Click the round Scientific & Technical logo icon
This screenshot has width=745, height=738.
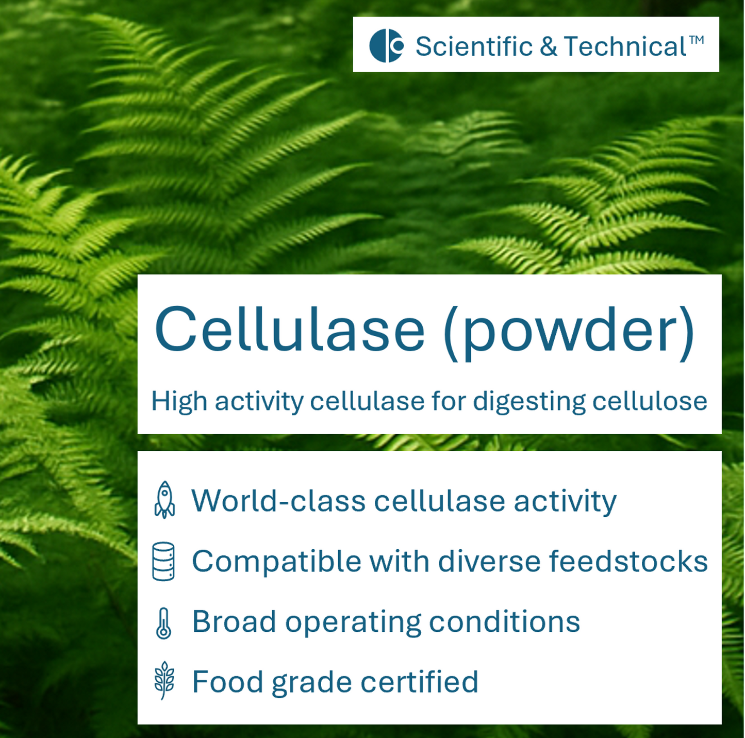(x=386, y=46)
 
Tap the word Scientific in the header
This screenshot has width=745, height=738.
(x=474, y=46)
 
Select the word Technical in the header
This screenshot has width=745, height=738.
(x=625, y=46)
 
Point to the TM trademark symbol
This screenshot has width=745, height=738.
(x=697, y=40)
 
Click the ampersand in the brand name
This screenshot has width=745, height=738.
(x=549, y=46)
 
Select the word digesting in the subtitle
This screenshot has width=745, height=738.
(x=529, y=402)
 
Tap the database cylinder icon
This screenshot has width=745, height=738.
(x=163, y=561)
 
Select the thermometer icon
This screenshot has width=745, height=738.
(x=163, y=623)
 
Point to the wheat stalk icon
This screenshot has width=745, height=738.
(x=164, y=681)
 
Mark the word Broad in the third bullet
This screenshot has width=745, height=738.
(x=234, y=621)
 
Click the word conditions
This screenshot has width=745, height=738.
(x=504, y=621)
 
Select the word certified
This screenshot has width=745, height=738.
(x=419, y=682)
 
